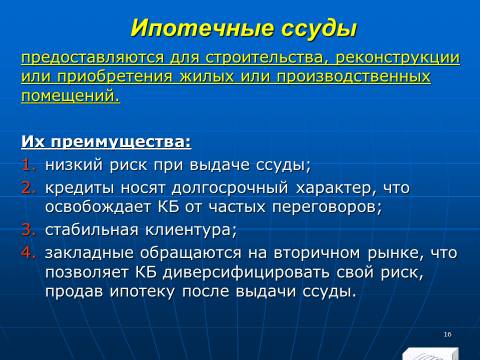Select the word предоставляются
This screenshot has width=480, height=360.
coord(93,58)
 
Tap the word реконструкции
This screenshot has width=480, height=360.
coord(397,58)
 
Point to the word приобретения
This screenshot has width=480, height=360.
coord(115,77)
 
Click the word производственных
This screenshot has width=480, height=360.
coord(353,77)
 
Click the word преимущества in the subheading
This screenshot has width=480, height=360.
coord(121,142)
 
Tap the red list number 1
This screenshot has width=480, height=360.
coord(29,165)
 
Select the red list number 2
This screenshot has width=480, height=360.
coord(29,188)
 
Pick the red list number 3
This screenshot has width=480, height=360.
coord(29,230)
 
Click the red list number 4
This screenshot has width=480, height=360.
coord(29,252)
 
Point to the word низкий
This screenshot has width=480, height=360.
coord(74,165)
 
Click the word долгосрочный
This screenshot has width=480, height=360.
coord(230,189)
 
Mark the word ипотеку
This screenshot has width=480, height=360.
coord(142,292)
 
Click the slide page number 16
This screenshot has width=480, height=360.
coord(447,334)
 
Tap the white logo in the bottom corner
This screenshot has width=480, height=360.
coord(430,354)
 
